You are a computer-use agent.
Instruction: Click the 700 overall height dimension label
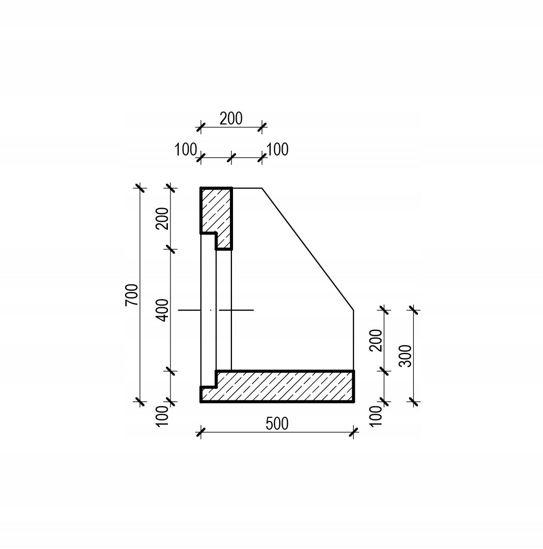pyautogui.click(x=132, y=295)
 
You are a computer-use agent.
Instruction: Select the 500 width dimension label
pyautogui.click(x=277, y=423)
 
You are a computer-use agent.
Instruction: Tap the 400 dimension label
pyautogui.click(x=163, y=310)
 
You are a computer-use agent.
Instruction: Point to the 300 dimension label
pyautogui.click(x=406, y=356)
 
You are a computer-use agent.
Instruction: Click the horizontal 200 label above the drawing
pyautogui.click(x=231, y=119)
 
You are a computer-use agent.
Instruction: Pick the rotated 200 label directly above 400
pyautogui.click(x=163, y=218)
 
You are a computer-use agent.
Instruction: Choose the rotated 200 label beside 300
pyautogui.click(x=376, y=340)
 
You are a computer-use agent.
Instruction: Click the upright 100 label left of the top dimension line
pyautogui.click(x=185, y=150)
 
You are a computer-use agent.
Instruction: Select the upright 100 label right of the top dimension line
pyautogui.click(x=277, y=149)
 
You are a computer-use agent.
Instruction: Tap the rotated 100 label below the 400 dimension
pyautogui.click(x=163, y=416)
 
